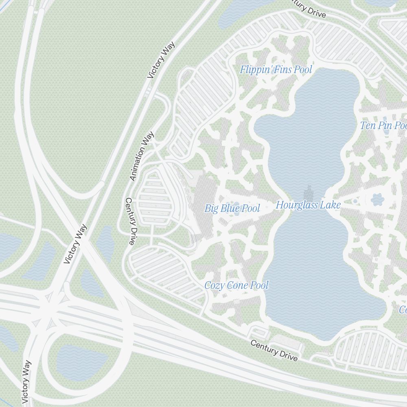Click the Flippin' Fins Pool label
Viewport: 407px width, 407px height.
276,70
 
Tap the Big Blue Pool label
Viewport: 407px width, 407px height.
232,209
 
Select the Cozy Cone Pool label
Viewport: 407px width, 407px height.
236,285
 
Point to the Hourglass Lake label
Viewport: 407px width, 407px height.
308,205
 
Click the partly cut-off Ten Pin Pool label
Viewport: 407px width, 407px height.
383,125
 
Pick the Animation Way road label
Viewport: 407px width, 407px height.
142,156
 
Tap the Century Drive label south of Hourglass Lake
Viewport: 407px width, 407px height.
274,350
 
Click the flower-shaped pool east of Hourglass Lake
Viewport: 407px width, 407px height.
377,199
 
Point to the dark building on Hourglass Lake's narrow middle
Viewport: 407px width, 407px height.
309,193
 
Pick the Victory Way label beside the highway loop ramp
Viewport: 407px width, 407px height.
26,382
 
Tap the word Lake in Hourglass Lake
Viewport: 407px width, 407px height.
331,205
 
